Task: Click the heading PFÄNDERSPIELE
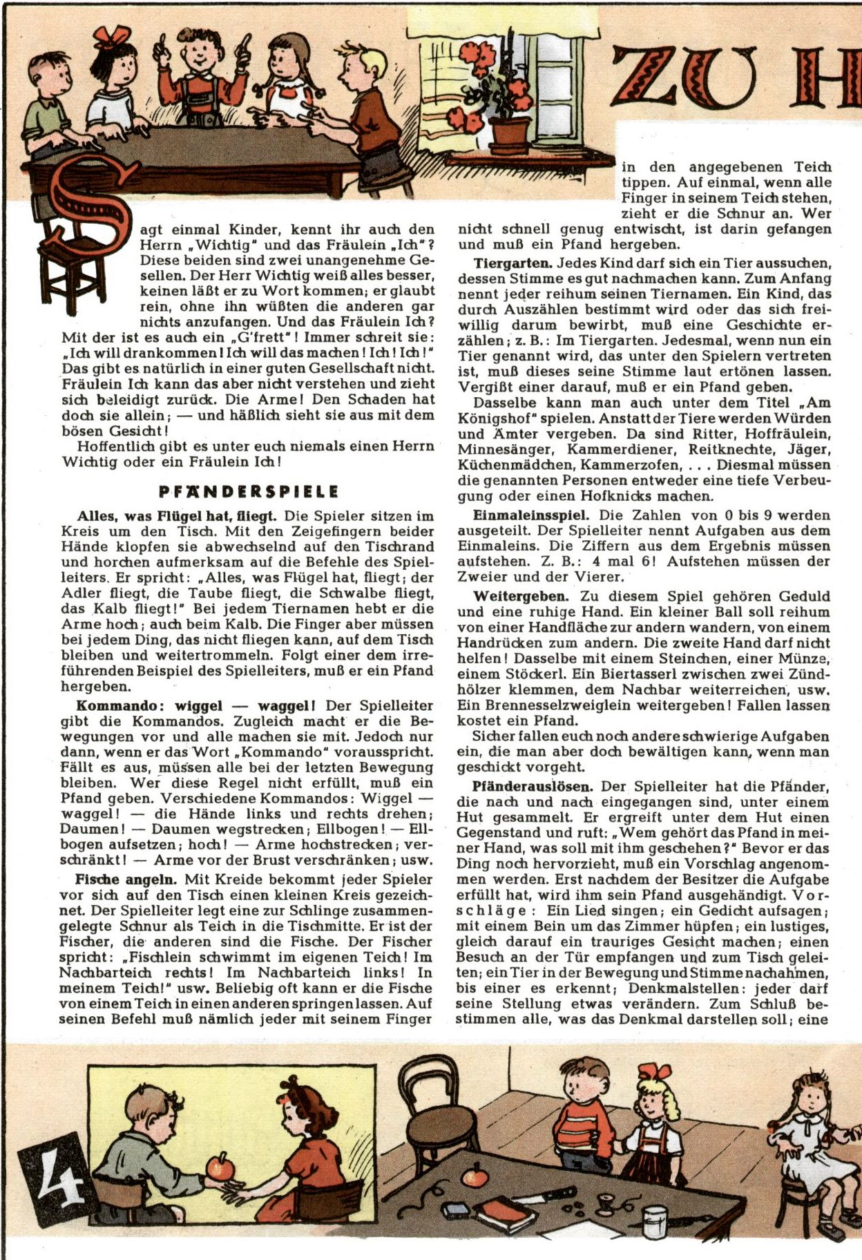(249, 492)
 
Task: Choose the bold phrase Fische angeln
(126, 879)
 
